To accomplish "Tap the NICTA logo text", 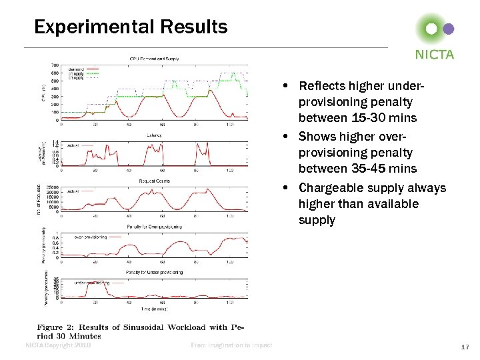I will point(434,55).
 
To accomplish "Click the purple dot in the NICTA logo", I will point(449,29).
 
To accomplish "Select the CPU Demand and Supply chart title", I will point(154,59).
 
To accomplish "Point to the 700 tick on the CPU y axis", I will point(54,65).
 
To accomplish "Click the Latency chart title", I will point(154,135).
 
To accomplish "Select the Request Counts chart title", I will point(154,180).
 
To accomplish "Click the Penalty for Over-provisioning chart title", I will point(154,227).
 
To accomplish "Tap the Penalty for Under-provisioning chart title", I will point(154,272).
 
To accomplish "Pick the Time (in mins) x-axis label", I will point(154,309).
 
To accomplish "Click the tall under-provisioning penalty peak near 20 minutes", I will point(104,283).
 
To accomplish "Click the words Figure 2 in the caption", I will point(59,327).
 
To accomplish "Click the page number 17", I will point(466,347).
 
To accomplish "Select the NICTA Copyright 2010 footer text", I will point(57,345).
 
